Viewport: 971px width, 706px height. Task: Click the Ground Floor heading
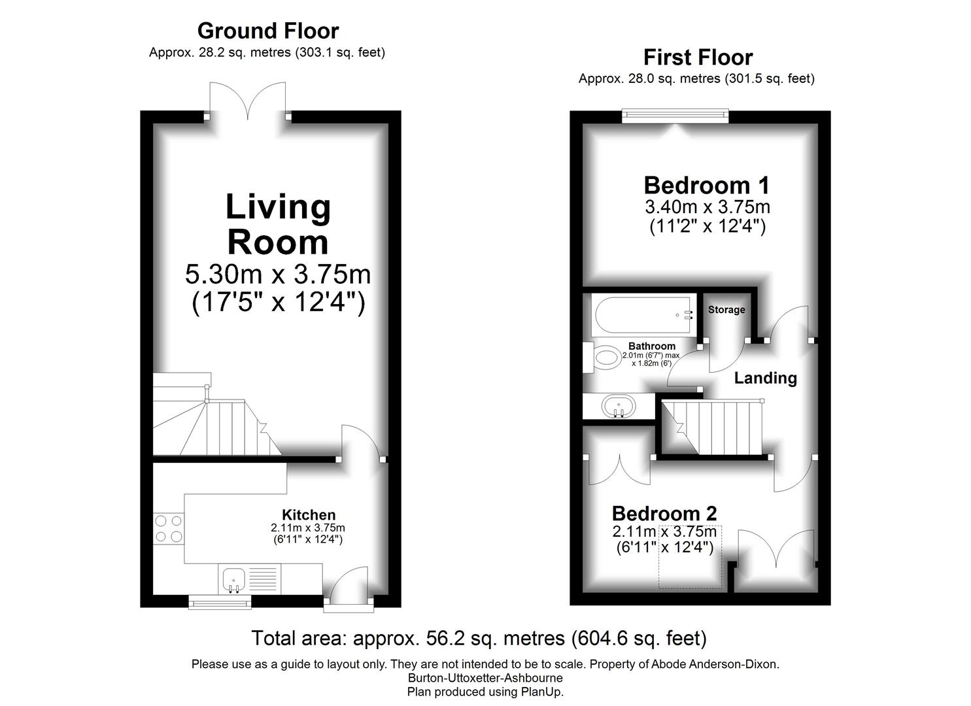tap(268, 31)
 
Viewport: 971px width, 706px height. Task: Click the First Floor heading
tap(698, 58)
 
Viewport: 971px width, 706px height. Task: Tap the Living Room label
tap(278, 224)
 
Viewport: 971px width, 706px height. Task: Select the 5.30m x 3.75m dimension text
tap(278, 275)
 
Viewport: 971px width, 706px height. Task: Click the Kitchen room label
tap(308, 514)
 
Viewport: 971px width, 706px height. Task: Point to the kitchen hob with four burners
tap(168, 529)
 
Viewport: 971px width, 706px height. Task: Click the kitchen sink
tap(233, 579)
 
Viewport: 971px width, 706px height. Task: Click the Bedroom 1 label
tap(707, 185)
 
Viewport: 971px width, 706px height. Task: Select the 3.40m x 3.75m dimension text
tap(707, 207)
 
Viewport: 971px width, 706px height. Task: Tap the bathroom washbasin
tap(617, 405)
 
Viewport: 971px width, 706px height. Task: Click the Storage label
tap(726, 310)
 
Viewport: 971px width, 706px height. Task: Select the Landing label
tap(765, 378)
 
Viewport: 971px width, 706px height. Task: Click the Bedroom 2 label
tap(664, 513)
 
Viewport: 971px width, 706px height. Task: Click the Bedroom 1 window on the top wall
tap(675, 116)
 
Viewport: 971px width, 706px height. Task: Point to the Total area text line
tap(479, 638)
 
